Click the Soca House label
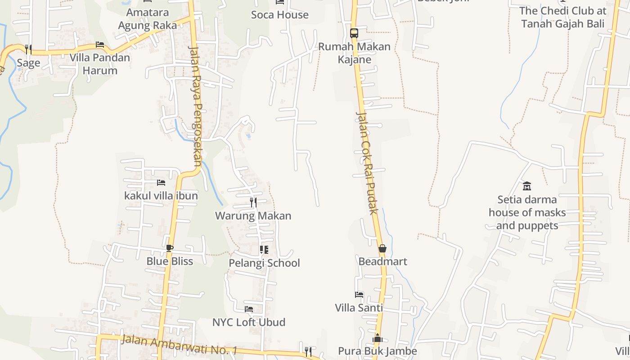click(279, 15)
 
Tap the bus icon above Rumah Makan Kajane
click(354, 33)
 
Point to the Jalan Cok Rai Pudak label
click(366, 163)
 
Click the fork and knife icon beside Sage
click(28, 49)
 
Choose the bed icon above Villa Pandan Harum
click(100, 45)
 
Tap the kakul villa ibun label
click(161, 196)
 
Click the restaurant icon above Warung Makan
click(253, 202)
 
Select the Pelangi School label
click(264, 263)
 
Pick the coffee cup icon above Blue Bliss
click(169, 248)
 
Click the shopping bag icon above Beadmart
click(382, 248)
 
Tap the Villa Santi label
click(359, 308)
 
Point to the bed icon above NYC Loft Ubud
click(248, 309)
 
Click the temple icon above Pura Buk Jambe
click(378, 338)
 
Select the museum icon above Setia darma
click(527, 186)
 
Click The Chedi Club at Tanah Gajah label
click(562, 17)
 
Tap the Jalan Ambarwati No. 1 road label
click(179, 345)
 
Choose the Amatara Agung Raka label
click(147, 19)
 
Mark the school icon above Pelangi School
click(264, 249)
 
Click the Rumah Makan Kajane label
click(354, 53)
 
